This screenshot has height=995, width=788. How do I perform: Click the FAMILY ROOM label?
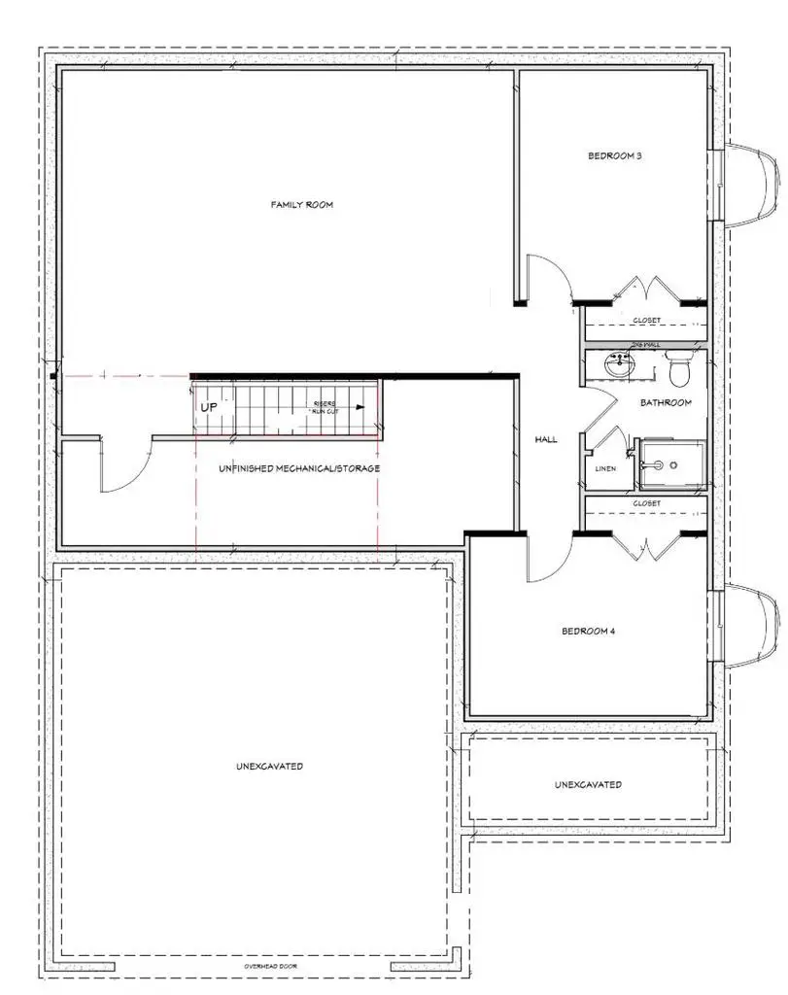(x=301, y=205)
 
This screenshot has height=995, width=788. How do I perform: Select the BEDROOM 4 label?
(x=589, y=631)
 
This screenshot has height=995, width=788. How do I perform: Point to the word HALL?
(x=546, y=440)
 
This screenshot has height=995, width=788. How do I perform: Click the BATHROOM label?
(x=666, y=402)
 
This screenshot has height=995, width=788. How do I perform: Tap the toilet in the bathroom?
(x=680, y=369)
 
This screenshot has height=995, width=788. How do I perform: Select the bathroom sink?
(x=617, y=366)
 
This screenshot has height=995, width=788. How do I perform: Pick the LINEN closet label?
(x=605, y=468)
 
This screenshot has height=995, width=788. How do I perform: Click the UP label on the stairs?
(x=209, y=408)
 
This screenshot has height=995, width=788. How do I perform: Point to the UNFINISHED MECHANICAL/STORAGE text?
(x=300, y=468)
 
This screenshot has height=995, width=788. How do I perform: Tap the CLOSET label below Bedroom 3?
(x=646, y=321)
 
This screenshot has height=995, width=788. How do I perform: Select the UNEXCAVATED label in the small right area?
(x=588, y=784)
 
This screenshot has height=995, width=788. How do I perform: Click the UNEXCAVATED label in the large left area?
(x=269, y=766)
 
